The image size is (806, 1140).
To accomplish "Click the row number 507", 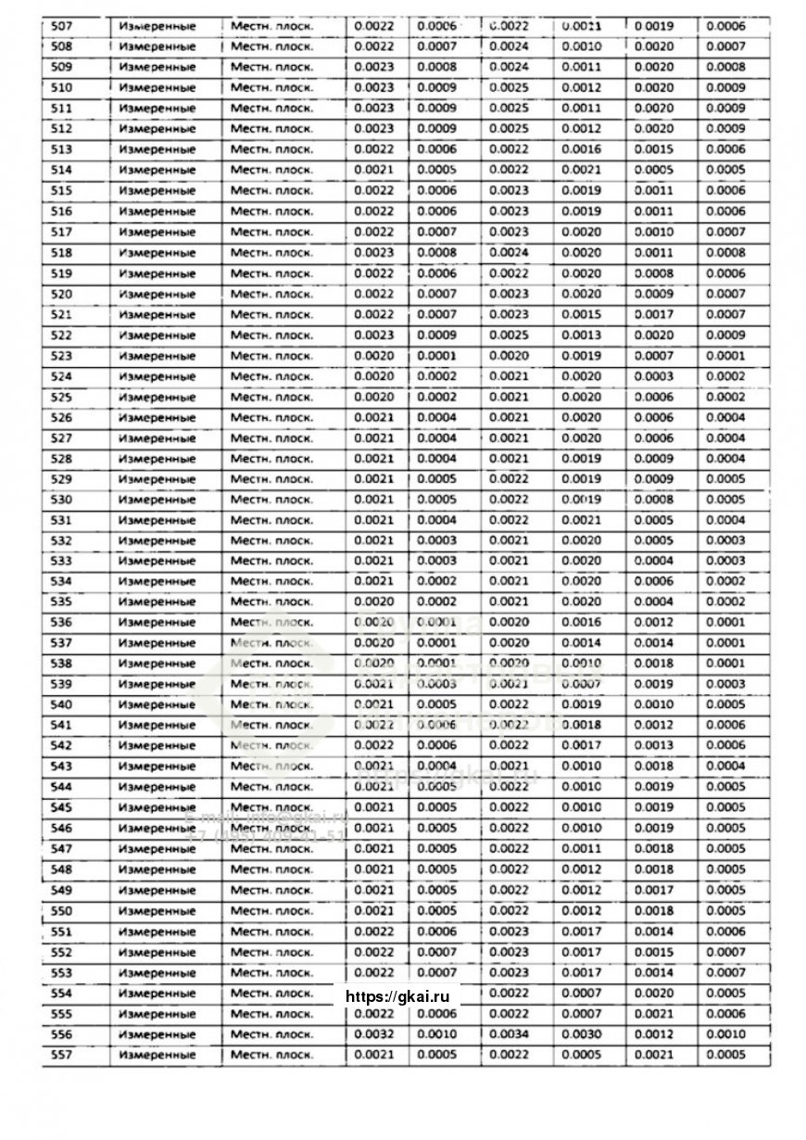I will coord(61,26).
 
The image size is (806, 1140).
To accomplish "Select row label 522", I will coord(61,336).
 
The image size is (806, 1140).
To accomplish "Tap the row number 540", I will coord(61,705).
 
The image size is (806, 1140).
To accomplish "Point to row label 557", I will coord(61,1055).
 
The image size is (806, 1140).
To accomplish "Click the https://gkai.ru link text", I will coord(397,996).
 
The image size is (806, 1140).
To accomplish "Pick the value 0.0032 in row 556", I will coord(373,1034).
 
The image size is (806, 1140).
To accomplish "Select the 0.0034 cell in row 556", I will coord(509,1034).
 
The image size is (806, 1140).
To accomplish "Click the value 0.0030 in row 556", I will coord(581,1034).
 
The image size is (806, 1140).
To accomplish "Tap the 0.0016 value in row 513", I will coord(581,149).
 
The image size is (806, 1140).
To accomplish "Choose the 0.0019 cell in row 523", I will coord(581,356).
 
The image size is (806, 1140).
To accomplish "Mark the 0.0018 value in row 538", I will coord(653,664).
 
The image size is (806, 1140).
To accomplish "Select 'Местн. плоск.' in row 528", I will coord(271,459).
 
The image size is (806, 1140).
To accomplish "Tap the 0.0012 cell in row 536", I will coord(653,623).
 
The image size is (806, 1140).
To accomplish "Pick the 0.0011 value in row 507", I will coord(581,26).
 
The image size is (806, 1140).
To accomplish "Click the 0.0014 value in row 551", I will coord(653,931).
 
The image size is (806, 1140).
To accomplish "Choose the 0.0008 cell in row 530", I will coord(653,500).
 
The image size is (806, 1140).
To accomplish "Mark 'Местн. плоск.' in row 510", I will coord(271,88).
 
